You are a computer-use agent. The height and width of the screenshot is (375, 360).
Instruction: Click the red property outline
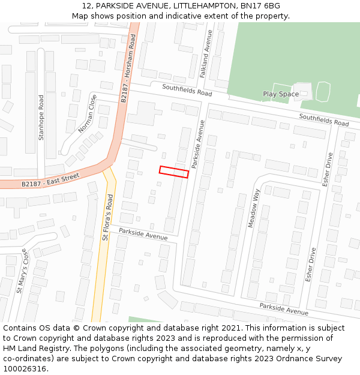click(x=174, y=172)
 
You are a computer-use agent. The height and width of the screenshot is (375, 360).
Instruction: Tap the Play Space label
click(x=280, y=94)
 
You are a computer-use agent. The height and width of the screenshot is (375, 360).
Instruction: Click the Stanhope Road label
click(x=41, y=118)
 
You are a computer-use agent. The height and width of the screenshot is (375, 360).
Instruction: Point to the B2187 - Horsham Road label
click(x=128, y=67)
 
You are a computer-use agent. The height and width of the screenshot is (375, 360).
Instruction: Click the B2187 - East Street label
click(x=50, y=180)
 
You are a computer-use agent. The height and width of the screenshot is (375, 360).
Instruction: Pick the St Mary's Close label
click(x=22, y=272)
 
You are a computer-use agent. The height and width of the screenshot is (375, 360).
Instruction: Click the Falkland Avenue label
click(x=204, y=54)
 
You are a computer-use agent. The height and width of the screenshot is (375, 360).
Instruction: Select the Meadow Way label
click(x=254, y=208)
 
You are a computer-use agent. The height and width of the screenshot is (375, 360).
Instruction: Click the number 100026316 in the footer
click(x=25, y=369)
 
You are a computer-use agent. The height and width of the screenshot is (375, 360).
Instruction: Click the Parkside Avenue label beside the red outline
click(x=198, y=144)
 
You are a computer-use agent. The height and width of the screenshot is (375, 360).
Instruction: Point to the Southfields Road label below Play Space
click(x=324, y=120)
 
